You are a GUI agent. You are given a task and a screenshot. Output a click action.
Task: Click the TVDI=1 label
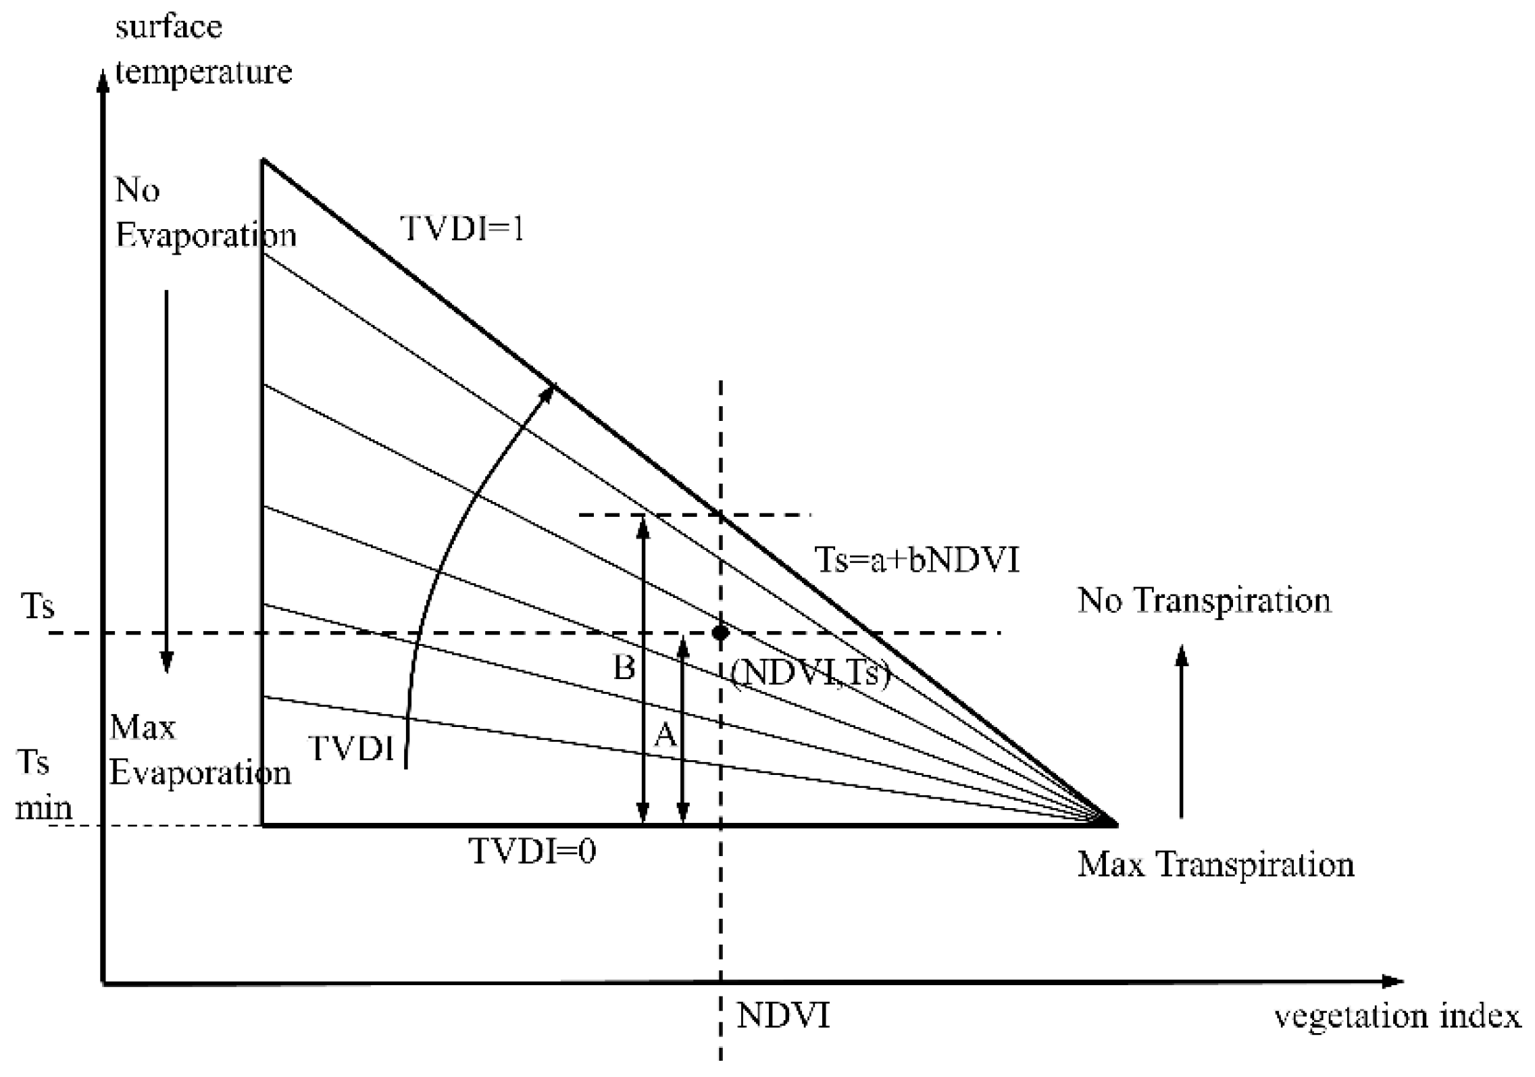pyautogui.click(x=462, y=229)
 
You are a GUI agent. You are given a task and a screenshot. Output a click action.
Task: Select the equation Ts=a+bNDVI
pyautogui.click(x=917, y=560)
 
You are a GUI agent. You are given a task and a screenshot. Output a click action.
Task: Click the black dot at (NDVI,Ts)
pyautogui.click(x=721, y=633)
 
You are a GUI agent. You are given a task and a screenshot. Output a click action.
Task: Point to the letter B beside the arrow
pyautogui.click(x=624, y=668)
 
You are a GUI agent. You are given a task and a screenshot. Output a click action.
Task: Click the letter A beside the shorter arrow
pyautogui.click(x=665, y=734)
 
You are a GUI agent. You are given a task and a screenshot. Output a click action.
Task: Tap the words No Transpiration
pyautogui.click(x=1204, y=601)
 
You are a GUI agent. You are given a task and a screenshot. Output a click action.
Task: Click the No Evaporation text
pyautogui.click(x=205, y=213)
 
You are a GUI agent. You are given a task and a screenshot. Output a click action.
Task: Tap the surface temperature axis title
pyautogui.click(x=203, y=49)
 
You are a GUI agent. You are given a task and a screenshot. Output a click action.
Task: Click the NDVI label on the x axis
pyautogui.click(x=783, y=1016)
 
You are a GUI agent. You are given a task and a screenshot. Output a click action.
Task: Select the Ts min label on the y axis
pyautogui.click(x=42, y=785)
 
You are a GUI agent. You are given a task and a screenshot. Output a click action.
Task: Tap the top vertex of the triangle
pyautogui.click(x=263, y=160)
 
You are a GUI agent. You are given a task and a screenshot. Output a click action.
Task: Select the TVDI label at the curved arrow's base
pyautogui.click(x=351, y=748)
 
